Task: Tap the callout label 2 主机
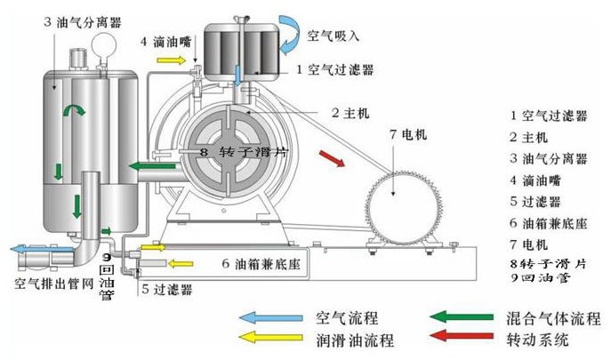[x=350, y=113]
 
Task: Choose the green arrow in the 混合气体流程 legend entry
[x=462, y=317]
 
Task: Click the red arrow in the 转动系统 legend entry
[x=462, y=339]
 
